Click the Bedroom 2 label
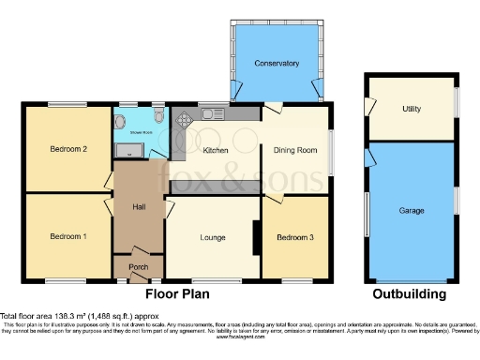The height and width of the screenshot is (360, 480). [x=68, y=149]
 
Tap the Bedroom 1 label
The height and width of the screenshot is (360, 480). [x=68, y=236]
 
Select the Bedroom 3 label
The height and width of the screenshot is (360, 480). [x=295, y=237]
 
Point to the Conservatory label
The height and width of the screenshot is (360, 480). [x=277, y=64]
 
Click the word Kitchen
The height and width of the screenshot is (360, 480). [x=217, y=150]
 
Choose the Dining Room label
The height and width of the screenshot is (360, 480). [x=295, y=150]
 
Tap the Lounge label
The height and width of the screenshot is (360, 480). [x=213, y=237]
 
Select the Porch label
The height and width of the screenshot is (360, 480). [x=138, y=267]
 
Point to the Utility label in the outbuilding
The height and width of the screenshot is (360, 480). [x=411, y=110]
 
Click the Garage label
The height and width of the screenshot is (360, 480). [x=411, y=211]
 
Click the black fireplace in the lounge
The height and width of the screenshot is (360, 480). [x=256, y=237]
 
